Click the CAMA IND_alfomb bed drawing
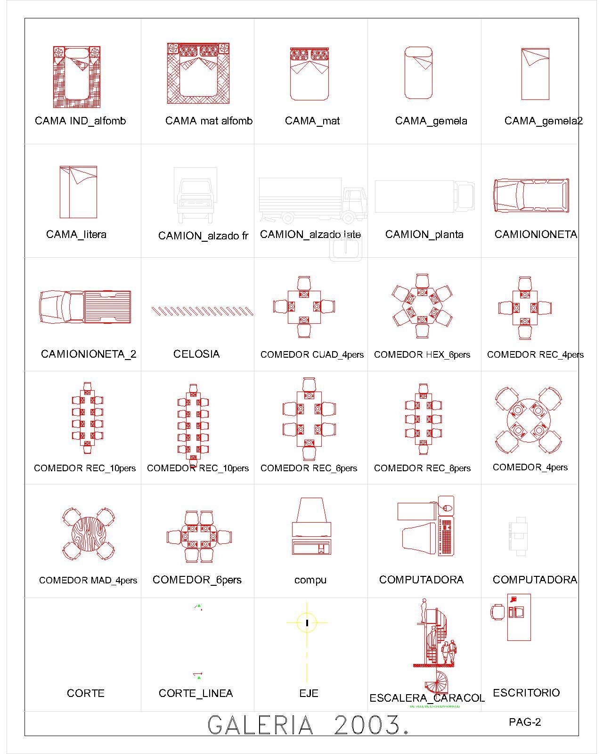coord(77,76)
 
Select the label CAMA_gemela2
coord(543,121)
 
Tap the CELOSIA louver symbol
coord(202,311)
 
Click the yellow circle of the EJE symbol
coord(307,623)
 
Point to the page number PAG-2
coord(525,722)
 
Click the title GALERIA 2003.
coord(309,725)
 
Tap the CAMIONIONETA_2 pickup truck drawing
coord(85,307)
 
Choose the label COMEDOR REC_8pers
coord(422,468)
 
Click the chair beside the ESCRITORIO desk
coord(497,613)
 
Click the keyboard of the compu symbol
coord(311,548)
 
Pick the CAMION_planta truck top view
coord(424,197)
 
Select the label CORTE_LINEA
coord(196,693)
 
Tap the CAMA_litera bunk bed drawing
coord(78,192)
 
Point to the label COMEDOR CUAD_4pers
coord(312,355)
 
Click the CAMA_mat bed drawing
coord(309,74)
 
